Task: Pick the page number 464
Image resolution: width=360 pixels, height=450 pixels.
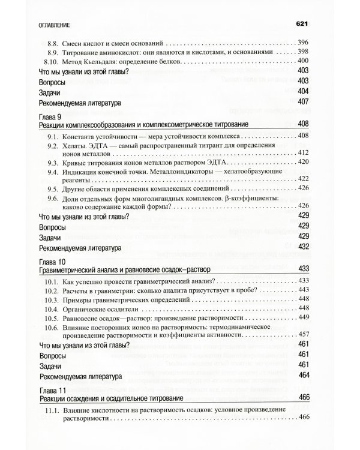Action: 303,376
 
